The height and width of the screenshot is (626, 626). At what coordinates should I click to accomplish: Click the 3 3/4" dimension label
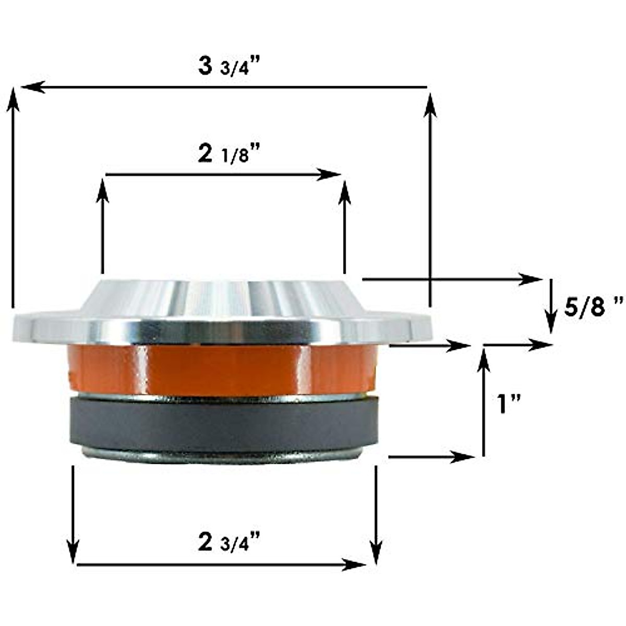(x=229, y=68)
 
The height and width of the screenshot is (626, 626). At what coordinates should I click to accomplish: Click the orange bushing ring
(x=222, y=369)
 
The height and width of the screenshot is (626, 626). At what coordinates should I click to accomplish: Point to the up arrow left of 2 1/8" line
(x=103, y=224)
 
